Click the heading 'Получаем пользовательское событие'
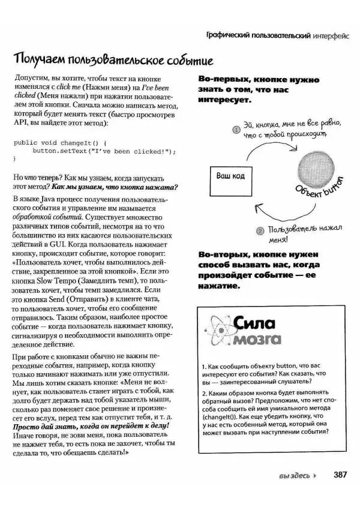pos(113,61)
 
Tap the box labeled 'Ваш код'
pos(230,176)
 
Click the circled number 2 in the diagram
pos(260,230)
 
